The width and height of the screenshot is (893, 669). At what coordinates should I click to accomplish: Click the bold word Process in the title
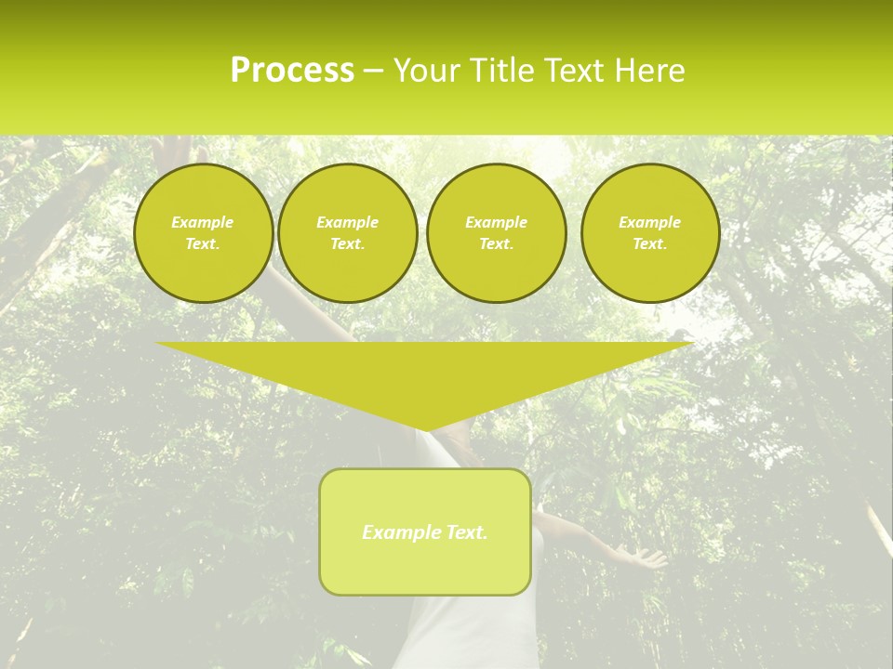tap(292, 71)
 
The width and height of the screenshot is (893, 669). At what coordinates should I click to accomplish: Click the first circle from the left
tap(203, 233)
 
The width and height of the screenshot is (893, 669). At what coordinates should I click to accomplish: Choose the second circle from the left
tap(348, 233)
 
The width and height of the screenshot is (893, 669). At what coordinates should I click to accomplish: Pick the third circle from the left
tap(497, 233)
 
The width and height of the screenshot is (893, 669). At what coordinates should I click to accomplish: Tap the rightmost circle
tap(650, 233)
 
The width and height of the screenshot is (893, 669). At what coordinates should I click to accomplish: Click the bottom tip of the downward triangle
tap(426, 429)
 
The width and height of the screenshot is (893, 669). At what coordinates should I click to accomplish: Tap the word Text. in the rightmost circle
tap(650, 244)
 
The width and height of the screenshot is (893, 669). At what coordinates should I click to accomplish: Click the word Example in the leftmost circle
tap(203, 222)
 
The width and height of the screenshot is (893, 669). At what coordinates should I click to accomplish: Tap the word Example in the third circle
tap(497, 222)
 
